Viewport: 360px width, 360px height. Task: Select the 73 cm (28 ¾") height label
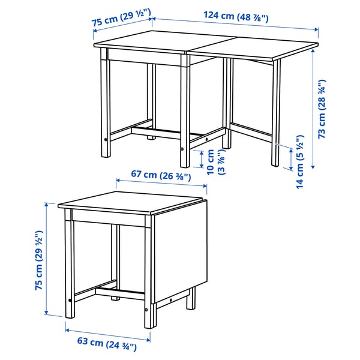(x=323, y=109)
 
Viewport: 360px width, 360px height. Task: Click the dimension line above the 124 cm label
(x=235, y=26)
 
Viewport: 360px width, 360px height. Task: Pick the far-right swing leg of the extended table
(x=275, y=114)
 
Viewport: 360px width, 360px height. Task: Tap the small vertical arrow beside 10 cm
(x=202, y=159)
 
